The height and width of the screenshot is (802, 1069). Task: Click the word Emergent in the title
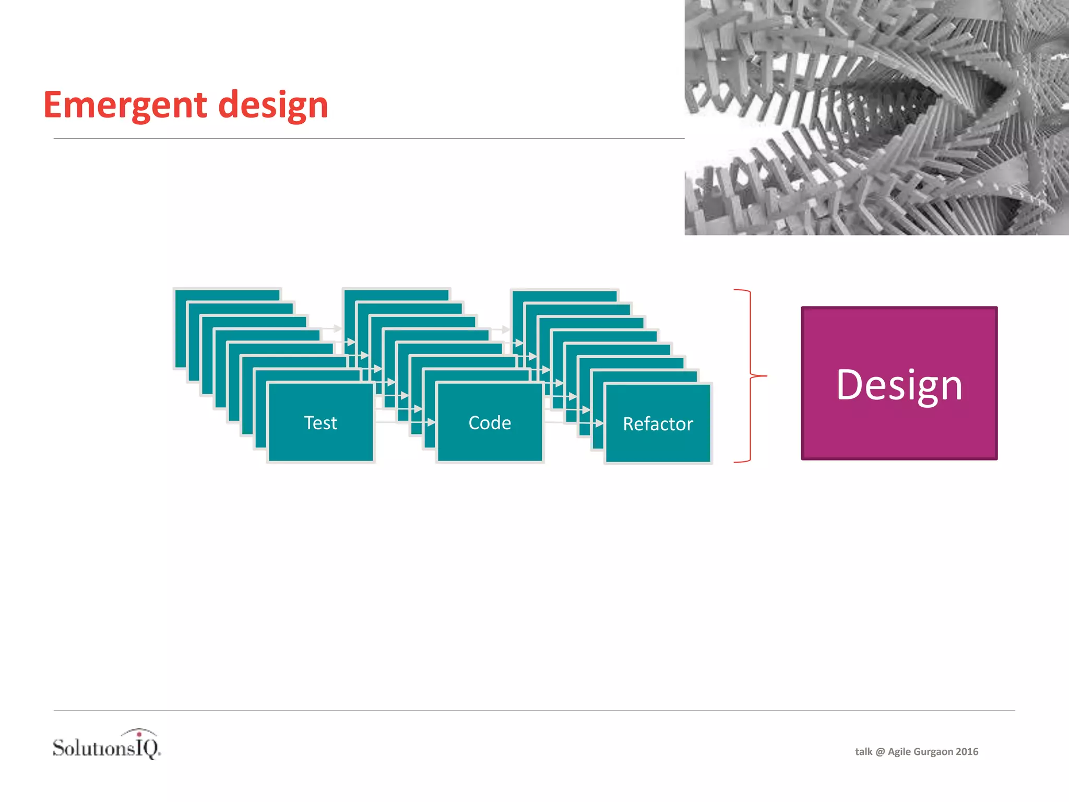[x=125, y=105]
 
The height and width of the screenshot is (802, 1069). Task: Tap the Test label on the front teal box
[x=320, y=422]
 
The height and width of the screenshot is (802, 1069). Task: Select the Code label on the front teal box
[x=490, y=422]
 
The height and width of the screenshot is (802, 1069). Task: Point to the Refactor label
[x=658, y=424]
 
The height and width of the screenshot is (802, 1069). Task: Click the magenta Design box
[x=899, y=383]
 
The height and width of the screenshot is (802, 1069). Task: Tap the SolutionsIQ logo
[x=106, y=746]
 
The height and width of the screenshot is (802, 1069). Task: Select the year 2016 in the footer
[x=967, y=752]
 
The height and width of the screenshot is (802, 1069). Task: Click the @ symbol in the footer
[x=880, y=752]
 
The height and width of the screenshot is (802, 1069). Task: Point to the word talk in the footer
[x=863, y=752]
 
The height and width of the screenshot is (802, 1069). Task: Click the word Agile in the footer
[x=899, y=752]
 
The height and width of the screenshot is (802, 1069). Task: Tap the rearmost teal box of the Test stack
[x=227, y=295]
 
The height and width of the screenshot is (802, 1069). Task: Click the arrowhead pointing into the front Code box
[x=432, y=422]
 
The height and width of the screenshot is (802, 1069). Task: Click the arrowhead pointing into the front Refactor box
[x=600, y=423]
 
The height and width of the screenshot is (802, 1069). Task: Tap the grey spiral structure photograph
[x=876, y=117]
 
